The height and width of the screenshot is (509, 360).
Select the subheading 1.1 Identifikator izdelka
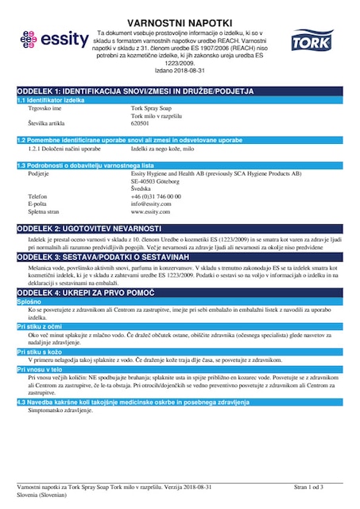pos(51,101)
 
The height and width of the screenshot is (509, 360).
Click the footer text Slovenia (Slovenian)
pos(46,494)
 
